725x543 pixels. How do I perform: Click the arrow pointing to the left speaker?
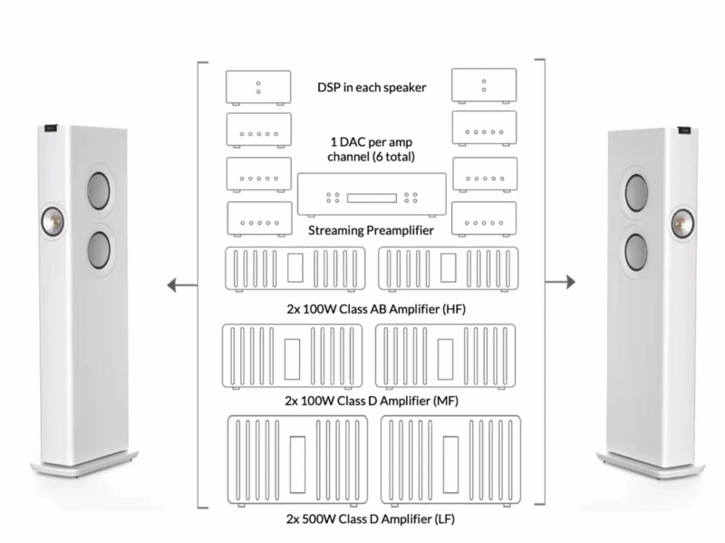[x=181, y=286]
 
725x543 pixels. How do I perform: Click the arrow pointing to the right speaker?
[x=560, y=282]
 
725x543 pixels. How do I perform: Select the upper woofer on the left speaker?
[x=100, y=191]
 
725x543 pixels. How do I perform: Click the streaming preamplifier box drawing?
[x=372, y=195]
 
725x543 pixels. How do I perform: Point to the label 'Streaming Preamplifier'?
[x=372, y=231]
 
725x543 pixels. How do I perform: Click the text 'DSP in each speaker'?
[x=372, y=87]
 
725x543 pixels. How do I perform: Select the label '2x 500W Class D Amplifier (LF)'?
[x=372, y=521]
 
